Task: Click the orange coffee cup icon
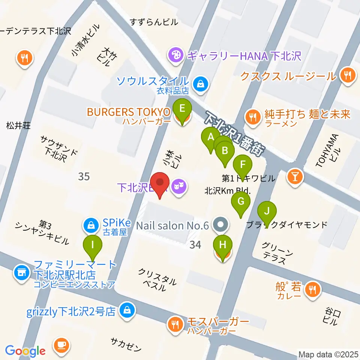click(x=61, y=345)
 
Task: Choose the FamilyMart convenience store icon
click(x=21, y=272)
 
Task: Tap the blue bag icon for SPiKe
click(x=90, y=225)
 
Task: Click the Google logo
click(x=25, y=351)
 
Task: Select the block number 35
click(x=84, y=176)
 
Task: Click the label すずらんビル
click(x=154, y=22)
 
